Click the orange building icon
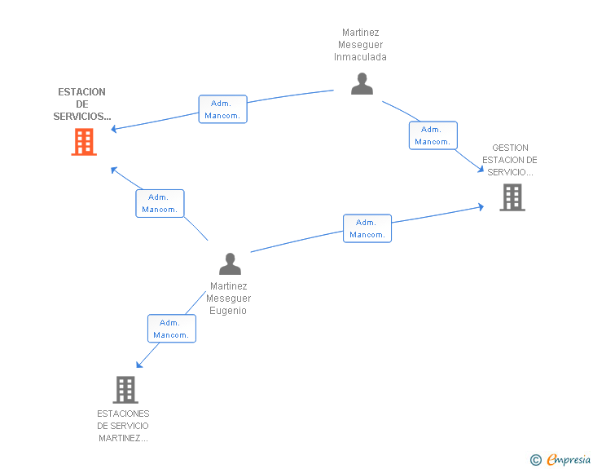pyautogui.click(x=84, y=142)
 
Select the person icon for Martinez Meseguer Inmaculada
pyautogui.click(x=362, y=84)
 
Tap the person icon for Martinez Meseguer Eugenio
pyautogui.click(x=230, y=263)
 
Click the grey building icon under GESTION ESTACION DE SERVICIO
pyautogui.click(x=512, y=197)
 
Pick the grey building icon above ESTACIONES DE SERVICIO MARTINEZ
pyautogui.click(x=125, y=390)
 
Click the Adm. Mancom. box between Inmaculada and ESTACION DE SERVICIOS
pyautogui.click(x=222, y=109)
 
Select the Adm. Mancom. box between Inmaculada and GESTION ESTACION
pyautogui.click(x=433, y=135)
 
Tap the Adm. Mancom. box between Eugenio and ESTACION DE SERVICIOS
pyautogui.click(x=160, y=203)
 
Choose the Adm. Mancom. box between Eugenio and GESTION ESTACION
pyautogui.click(x=367, y=228)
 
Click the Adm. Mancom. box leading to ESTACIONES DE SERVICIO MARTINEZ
pyautogui.click(x=172, y=329)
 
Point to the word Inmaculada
pyautogui.click(x=360, y=57)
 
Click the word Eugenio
pyautogui.click(x=228, y=311)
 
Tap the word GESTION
pyautogui.click(x=510, y=148)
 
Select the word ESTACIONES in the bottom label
pyautogui.click(x=123, y=414)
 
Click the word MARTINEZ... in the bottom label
pyautogui.click(x=123, y=438)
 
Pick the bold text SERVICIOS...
pyautogui.click(x=82, y=117)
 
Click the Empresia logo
pyautogui.click(x=569, y=459)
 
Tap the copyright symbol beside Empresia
pyautogui.click(x=536, y=460)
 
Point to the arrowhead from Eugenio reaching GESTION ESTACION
pyautogui.click(x=481, y=207)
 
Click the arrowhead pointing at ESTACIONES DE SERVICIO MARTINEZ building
pyautogui.click(x=139, y=365)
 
